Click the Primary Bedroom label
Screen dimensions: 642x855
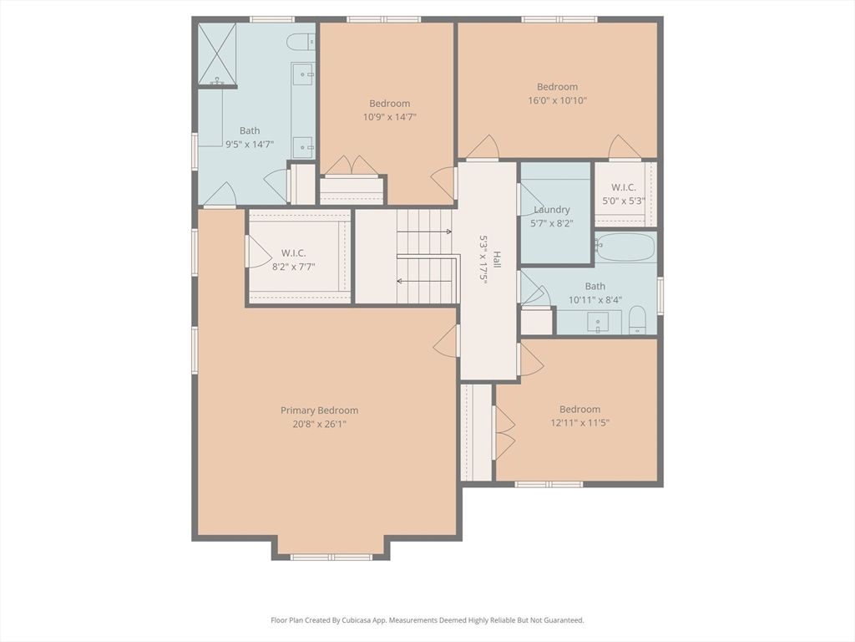(x=319, y=410)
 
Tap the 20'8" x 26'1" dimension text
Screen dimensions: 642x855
(x=319, y=424)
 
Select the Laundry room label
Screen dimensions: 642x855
(x=552, y=210)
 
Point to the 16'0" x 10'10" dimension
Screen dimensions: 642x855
(x=557, y=100)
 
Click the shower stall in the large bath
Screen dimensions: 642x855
(x=217, y=54)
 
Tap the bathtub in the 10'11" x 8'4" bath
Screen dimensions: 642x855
(x=625, y=247)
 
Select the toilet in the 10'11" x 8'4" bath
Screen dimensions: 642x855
(x=637, y=319)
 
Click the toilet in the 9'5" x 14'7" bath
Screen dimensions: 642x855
(x=300, y=41)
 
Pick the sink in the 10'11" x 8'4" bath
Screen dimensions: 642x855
(x=599, y=321)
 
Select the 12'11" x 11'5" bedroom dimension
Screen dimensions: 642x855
(x=579, y=423)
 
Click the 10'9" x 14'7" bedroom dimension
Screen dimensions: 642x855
(x=389, y=117)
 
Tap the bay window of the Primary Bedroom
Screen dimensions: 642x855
(x=331, y=556)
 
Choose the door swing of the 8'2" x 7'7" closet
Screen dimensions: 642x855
(x=257, y=252)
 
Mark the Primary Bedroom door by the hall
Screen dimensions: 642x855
(x=447, y=341)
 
